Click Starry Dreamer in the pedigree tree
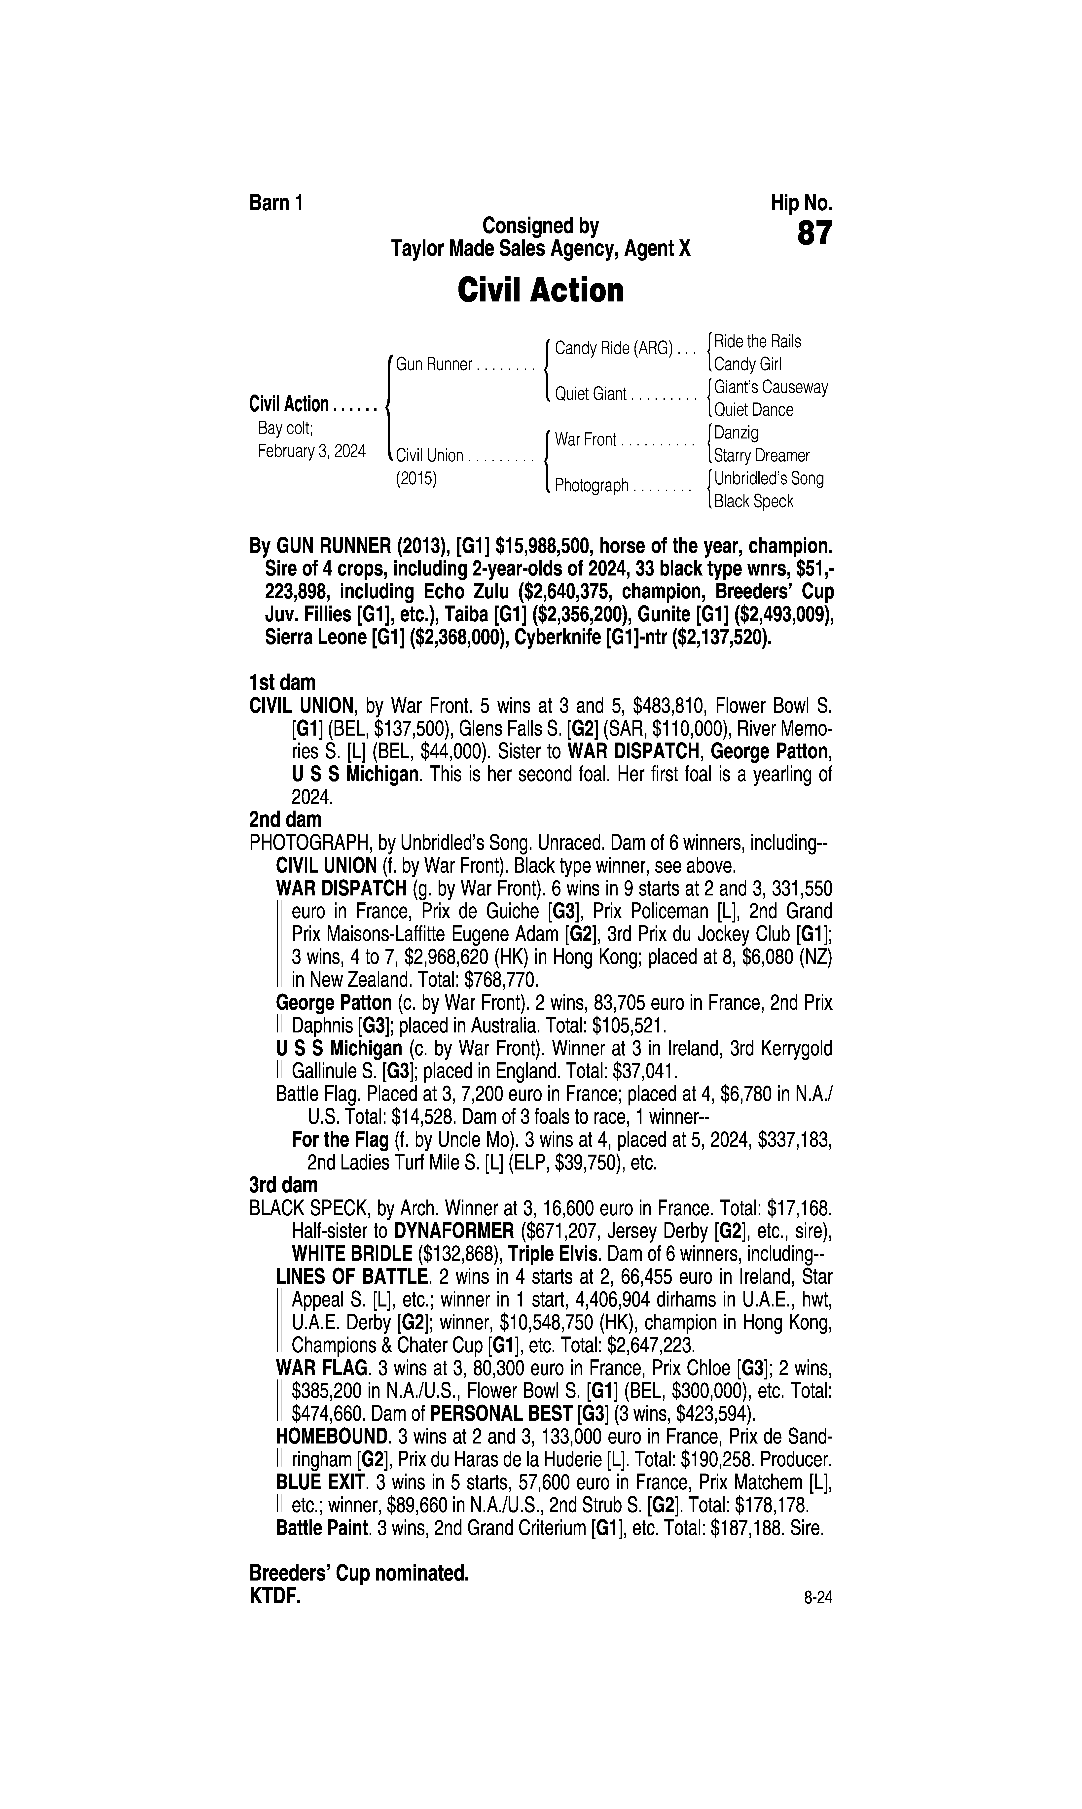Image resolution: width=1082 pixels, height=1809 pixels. click(761, 456)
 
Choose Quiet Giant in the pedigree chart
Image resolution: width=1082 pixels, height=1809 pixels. click(591, 394)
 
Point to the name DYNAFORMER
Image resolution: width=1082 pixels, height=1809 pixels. click(453, 1231)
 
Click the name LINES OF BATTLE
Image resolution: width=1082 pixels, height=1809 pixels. click(351, 1277)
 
